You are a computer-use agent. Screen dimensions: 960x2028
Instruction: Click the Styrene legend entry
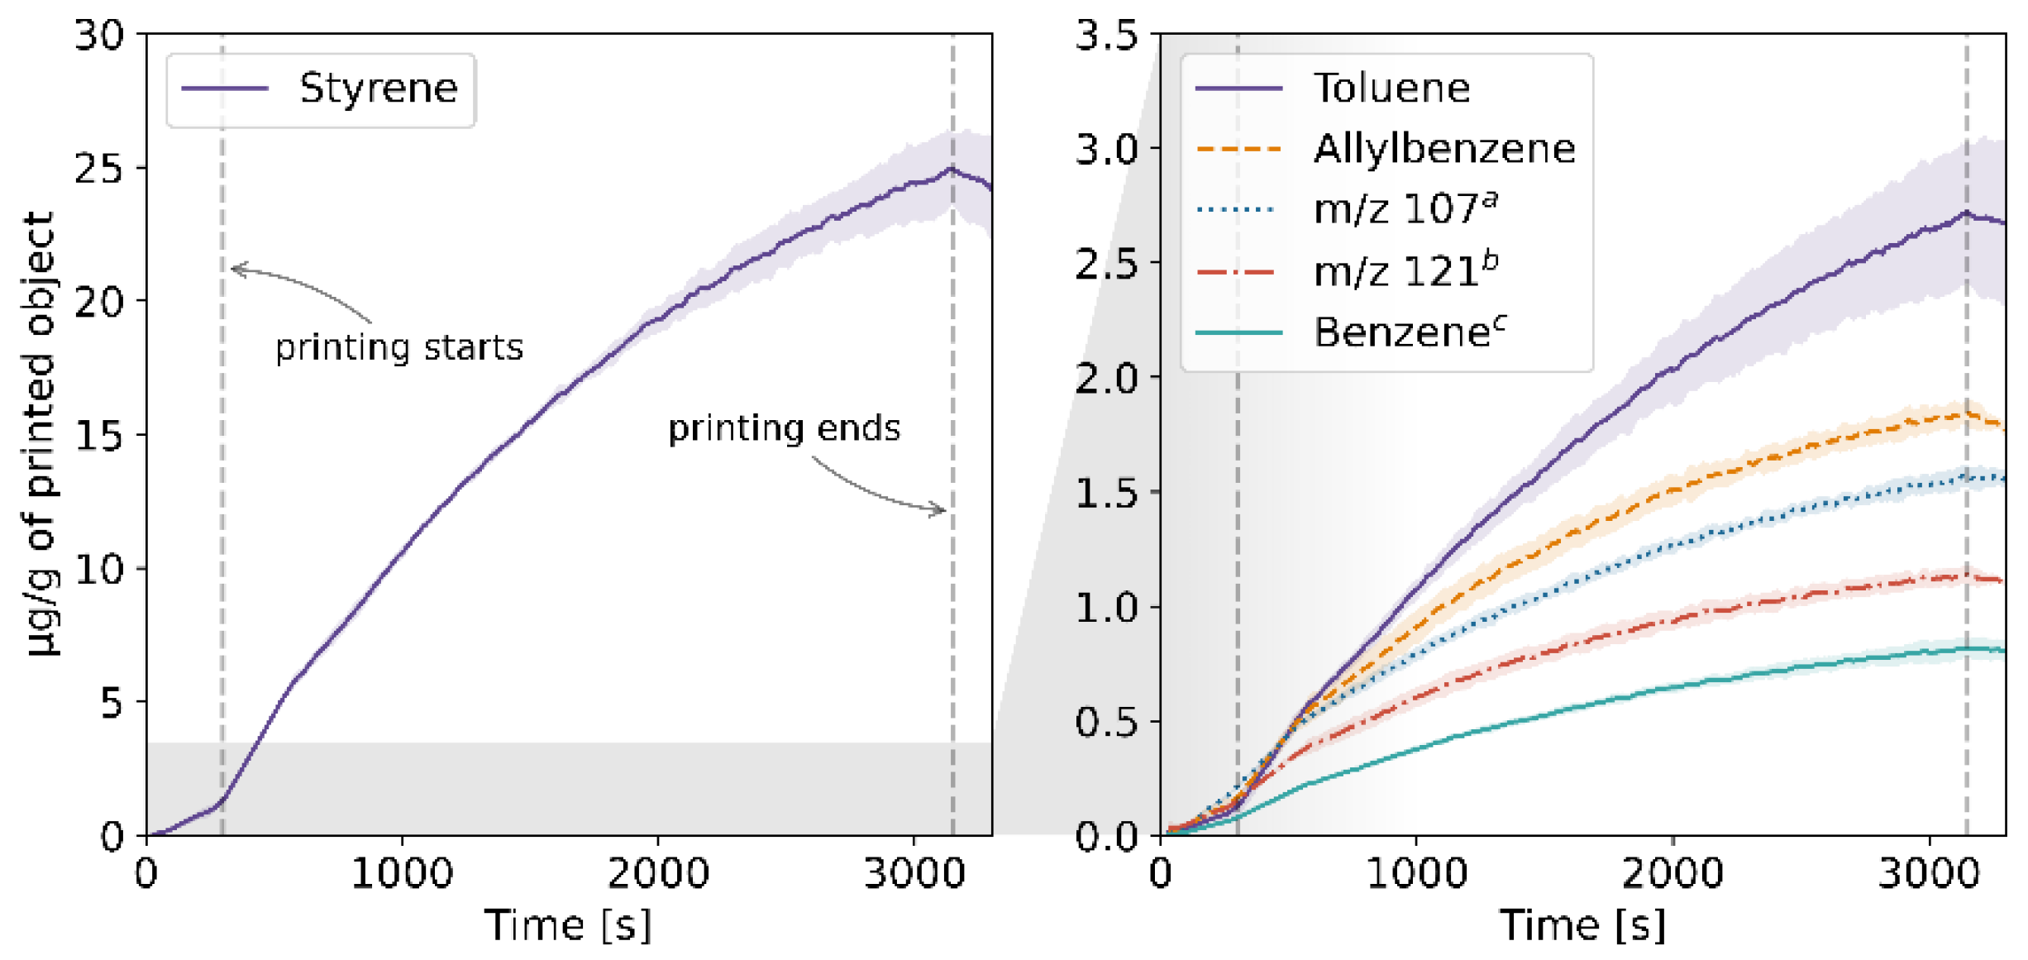point(378,88)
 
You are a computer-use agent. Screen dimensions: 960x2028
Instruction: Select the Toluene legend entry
point(1391,88)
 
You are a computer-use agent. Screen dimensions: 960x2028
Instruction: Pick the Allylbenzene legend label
point(1443,149)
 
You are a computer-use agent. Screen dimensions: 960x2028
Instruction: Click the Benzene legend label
point(1409,332)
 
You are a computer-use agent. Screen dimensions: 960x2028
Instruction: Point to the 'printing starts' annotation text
point(399,347)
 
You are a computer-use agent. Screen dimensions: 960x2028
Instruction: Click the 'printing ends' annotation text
point(784,428)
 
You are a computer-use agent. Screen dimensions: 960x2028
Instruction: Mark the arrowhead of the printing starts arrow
point(236,269)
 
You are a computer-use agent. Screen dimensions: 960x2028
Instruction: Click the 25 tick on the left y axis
point(98,169)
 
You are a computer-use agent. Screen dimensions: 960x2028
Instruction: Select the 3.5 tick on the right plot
point(1105,36)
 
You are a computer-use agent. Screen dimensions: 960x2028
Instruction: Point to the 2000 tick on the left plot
point(658,873)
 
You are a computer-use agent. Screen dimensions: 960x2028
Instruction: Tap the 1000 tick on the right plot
point(1416,873)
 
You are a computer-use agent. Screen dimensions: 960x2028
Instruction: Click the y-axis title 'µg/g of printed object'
point(41,434)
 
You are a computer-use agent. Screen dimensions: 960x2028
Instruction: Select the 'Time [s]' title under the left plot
point(568,924)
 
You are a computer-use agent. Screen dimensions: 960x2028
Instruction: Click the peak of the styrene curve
point(951,169)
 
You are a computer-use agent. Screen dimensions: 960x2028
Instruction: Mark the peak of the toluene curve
point(1965,213)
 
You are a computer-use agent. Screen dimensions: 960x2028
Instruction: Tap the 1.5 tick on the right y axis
point(1105,494)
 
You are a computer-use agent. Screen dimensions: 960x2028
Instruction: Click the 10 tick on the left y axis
point(98,569)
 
